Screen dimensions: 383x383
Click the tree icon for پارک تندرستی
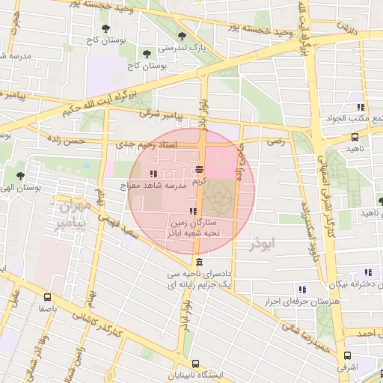pos(182,36)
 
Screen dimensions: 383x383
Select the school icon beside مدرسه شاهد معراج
pos(154,174)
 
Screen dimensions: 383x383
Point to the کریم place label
pos(198,180)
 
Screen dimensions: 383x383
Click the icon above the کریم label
pos(198,169)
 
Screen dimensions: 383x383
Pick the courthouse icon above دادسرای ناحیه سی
pos(198,262)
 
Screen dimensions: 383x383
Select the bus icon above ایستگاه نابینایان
pos(195,363)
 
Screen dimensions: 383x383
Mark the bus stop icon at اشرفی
pos(347,355)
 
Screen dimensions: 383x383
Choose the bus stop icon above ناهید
pos(355,137)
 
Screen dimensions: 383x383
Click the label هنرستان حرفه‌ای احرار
pos(285,301)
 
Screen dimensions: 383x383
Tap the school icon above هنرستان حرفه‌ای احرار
pos(302,289)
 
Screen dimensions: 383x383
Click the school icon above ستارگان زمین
pos(194,211)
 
